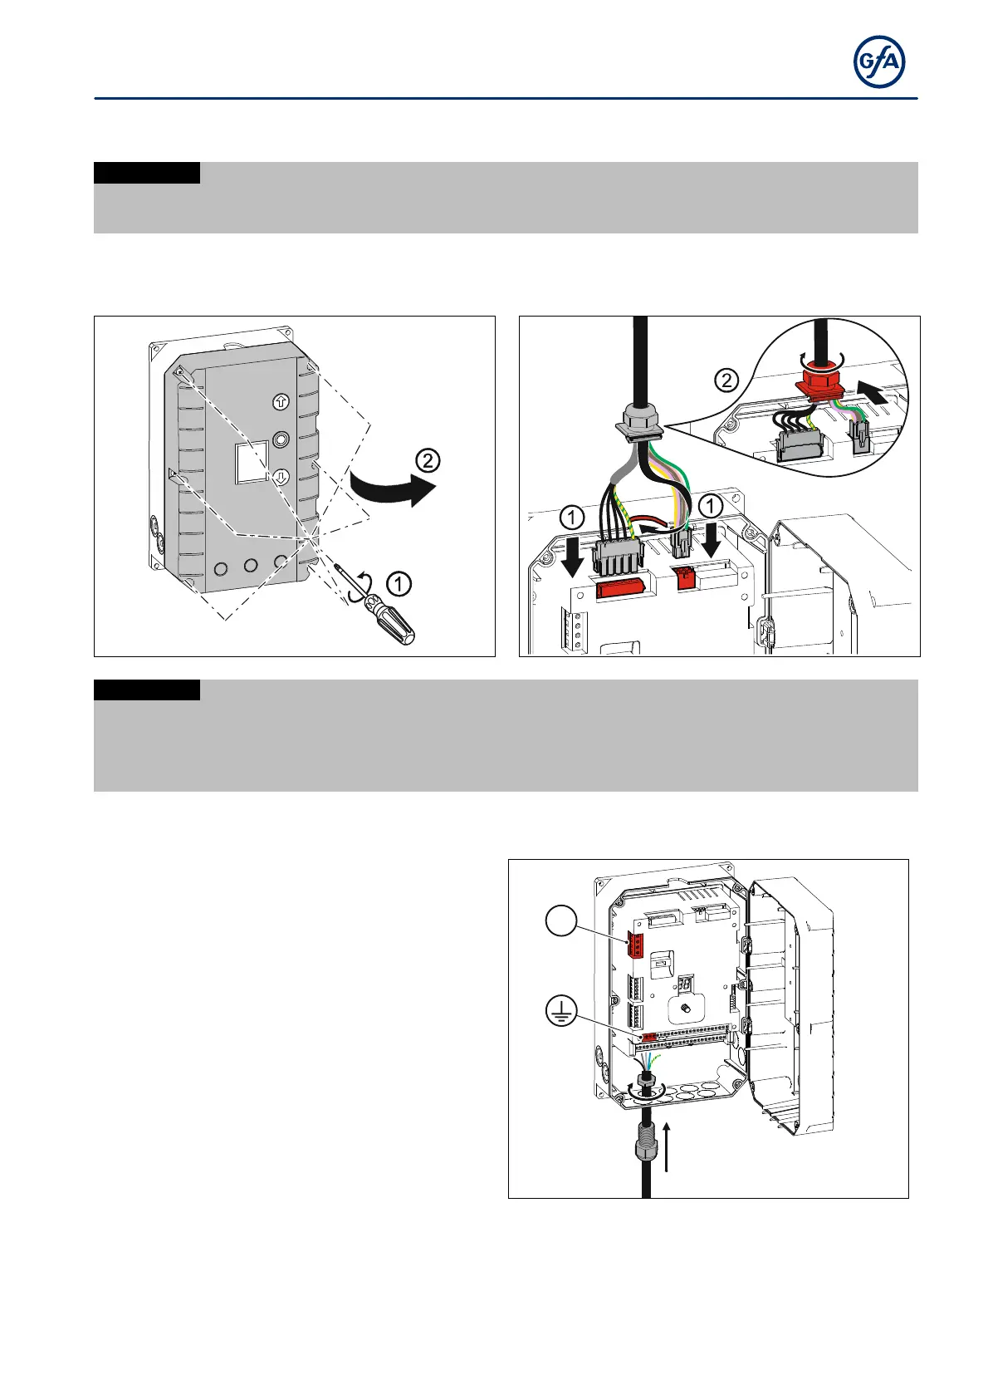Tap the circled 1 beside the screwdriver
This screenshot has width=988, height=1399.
tap(399, 585)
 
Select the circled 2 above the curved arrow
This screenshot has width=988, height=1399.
tap(428, 460)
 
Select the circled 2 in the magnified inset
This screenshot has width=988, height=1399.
tap(726, 381)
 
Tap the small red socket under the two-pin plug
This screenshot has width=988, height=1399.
tap(685, 577)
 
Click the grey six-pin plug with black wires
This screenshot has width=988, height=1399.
tap(617, 554)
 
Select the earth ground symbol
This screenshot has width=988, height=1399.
tap(562, 1012)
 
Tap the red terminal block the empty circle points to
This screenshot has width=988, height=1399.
tap(638, 945)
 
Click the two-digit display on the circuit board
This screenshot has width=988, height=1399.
tap(686, 984)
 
